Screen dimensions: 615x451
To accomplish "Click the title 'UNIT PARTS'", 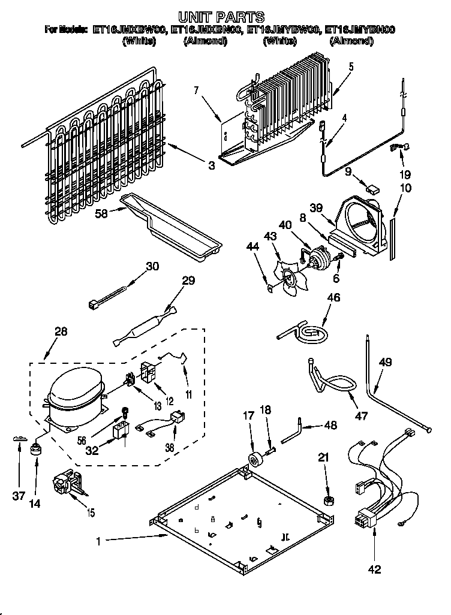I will tap(222, 16).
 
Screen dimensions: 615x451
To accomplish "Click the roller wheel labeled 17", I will tap(256, 460).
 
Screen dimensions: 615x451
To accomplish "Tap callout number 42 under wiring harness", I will tap(374, 569).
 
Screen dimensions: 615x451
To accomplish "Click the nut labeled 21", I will tap(329, 501).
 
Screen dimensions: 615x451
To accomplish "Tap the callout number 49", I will tap(386, 361).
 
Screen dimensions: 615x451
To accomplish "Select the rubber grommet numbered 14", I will tap(36, 451).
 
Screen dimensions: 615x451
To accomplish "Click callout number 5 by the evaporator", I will tap(351, 67).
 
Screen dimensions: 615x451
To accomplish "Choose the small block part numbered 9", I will tap(373, 190).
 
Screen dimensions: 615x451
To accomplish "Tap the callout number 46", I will tap(333, 296).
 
